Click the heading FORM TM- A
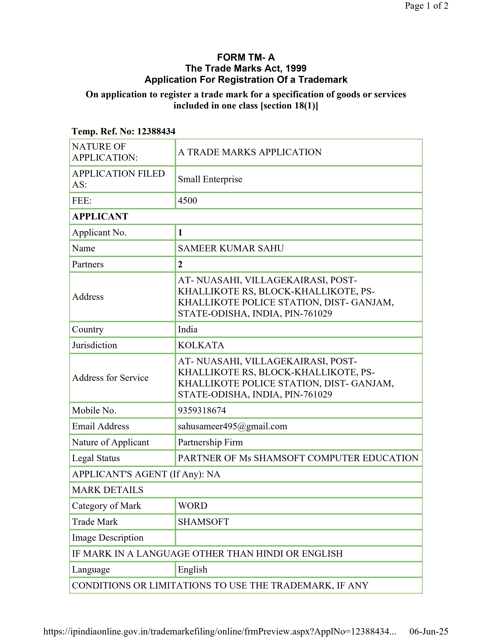pos(246,57)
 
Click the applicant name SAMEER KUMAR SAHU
pos(231,248)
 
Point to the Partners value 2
pos(180,264)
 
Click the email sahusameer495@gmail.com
pos(232,426)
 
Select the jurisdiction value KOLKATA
pos(201,345)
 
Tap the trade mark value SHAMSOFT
pos(203,522)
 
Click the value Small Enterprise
pos(210,179)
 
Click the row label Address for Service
pos(110,378)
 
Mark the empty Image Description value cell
pos(298,538)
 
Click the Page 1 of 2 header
pos(426,6)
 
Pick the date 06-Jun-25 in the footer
pos(429,631)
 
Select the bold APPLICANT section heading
pos(100,216)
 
